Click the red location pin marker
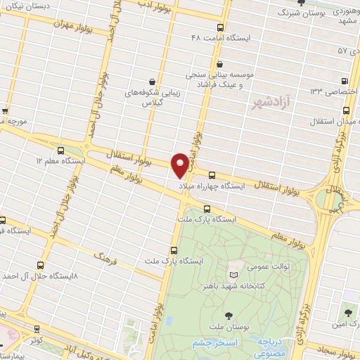click(x=181, y=165)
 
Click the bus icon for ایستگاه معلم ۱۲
click(x=60, y=150)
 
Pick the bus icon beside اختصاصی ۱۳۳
click(x=344, y=81)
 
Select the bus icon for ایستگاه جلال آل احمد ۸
click(x=39, y=265)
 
